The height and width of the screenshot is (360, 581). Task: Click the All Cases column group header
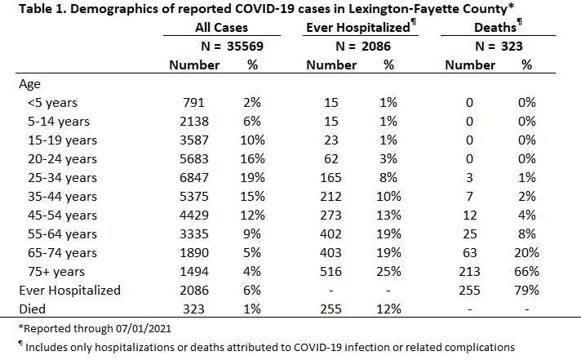pos(222,28)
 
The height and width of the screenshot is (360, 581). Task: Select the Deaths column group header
pos(495,28)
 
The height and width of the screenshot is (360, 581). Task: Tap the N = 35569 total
pos(232,47)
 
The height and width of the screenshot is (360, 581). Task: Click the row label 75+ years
pos(56,272)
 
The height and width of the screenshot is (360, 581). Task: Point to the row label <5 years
pos(52,103)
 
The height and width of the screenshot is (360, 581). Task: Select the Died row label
pos(33,309)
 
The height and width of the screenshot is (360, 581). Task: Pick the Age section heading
pos(29,84)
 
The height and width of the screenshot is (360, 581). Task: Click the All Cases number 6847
pos(194,178)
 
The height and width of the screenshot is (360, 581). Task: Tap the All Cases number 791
pos(193,103)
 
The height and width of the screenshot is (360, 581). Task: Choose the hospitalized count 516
pos(330,272)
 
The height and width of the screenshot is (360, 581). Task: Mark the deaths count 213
pos(469,272)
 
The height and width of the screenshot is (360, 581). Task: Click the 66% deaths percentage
pos(526,272)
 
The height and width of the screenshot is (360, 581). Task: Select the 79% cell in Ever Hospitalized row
pos(526,291)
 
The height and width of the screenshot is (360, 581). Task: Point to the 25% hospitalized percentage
pos(388,272)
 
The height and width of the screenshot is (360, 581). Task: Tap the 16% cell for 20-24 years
pos(252,159)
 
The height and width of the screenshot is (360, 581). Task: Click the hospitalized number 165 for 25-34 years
pos(330,178)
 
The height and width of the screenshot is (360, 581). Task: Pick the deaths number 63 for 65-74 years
pos(469,253)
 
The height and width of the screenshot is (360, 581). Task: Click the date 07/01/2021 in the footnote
pos(144,329)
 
